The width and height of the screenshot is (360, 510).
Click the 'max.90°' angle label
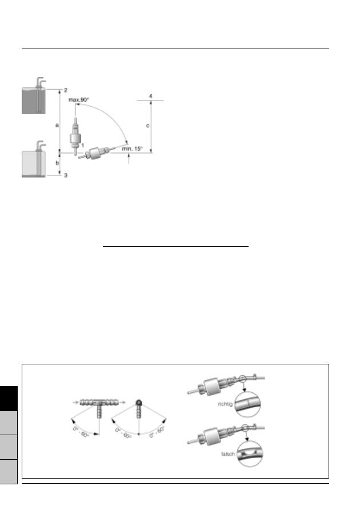coord(78,100)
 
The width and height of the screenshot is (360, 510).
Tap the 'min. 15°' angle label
coord(132,148)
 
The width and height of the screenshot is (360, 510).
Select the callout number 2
coord(65,90)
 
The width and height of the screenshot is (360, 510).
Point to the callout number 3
coord(65,175)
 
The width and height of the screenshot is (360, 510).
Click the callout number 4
coord(150,96)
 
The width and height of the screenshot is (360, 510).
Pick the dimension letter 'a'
coord(57,125)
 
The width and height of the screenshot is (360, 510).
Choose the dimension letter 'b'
coord(57,163)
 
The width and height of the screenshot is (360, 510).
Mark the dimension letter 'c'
coord(148,126)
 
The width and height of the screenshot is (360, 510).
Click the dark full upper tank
coord(34,101)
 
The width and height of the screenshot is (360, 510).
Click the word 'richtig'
coord(225,404)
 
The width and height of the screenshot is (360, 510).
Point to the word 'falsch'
coord(228,453)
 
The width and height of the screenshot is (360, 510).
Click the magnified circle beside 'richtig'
coord(247,404)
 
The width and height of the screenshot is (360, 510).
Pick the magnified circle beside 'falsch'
coord(250,453)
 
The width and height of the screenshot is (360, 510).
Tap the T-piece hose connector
coord(99,406)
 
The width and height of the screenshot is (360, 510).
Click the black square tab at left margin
coord(9,399)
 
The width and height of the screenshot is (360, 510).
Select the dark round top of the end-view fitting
coord(139,403)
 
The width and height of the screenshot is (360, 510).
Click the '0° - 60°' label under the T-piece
coord(81,432)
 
